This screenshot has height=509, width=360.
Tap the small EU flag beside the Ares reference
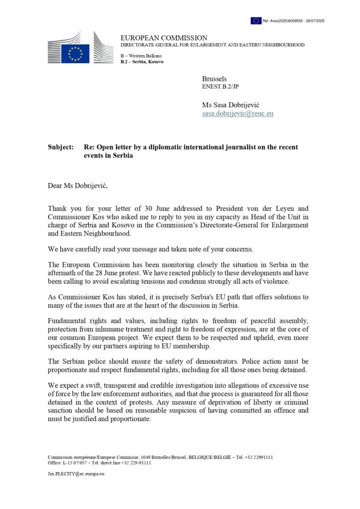click(x=256, y=21)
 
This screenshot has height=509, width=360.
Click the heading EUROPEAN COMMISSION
click(x=164, y=38)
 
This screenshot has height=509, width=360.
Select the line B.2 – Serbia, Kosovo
click(x=142, y=62)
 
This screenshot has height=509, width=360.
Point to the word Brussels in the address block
click(x=214, y=79)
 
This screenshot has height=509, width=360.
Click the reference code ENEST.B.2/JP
click(x=220, y=86)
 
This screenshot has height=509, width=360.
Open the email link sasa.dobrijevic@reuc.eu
click(x=238, y=113)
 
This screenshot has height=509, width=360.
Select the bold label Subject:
click(x=61, y=148)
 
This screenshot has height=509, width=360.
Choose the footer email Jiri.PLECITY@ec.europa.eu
click(x=76, y=474)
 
